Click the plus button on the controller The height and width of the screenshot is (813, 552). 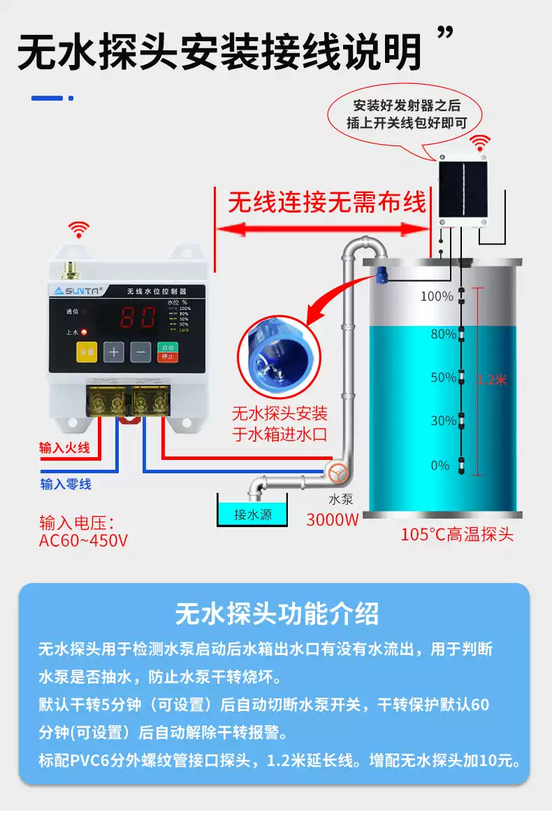114,352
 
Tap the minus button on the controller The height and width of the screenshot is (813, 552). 140,352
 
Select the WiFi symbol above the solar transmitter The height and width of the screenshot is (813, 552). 479,143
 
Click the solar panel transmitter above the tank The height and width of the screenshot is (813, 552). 462,189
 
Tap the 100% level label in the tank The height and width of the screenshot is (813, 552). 437,296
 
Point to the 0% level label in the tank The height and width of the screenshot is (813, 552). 440,466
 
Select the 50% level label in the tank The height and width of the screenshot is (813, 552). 443,378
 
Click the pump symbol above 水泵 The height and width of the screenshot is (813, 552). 338,473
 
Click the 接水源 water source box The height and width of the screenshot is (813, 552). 252,515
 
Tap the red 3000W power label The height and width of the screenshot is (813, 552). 332,519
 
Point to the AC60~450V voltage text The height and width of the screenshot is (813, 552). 83,540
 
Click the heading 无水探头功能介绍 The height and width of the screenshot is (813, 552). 276,613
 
